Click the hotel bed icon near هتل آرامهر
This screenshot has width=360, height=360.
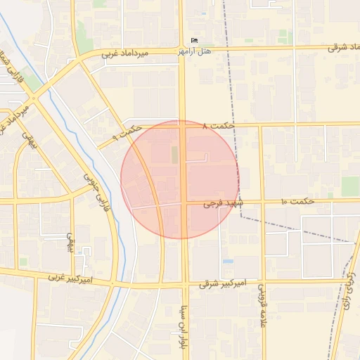[x=195, y=40]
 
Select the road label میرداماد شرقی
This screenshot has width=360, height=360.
[x=342, y=48]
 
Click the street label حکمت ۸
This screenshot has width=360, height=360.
[x=217, y=126]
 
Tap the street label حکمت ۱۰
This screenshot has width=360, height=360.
[x=297, y=202]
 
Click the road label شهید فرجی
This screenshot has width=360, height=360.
[x=222, y=203]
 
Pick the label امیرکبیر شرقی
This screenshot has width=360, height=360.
[x=222, y=283]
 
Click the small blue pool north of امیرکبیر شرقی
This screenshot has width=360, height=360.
[x=228, y=261]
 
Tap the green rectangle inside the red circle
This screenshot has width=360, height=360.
[x=174, y=155]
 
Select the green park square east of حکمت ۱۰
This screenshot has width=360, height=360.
[x=350, y=186]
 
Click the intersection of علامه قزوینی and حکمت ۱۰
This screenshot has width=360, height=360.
[x=262, y=202]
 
